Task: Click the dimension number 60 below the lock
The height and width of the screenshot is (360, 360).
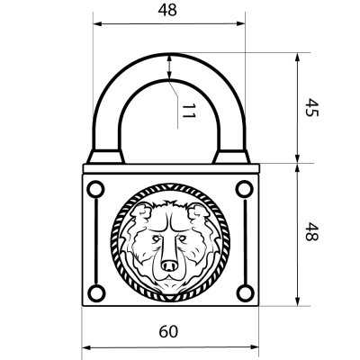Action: [x=168, y=331]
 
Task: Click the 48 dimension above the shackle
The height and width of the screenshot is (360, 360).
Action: [x=168, y=11]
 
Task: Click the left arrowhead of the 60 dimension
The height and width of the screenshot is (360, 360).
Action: [x=86, y=346]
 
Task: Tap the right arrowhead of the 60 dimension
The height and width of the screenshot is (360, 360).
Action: [x=251, y=346]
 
